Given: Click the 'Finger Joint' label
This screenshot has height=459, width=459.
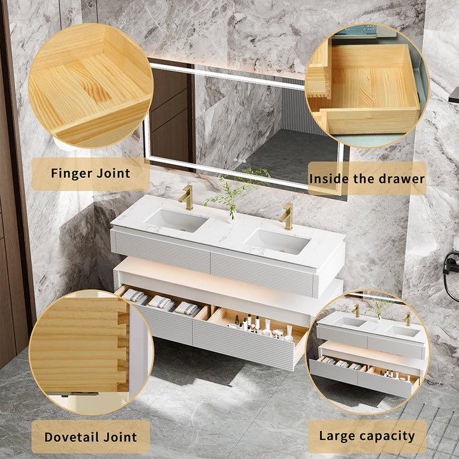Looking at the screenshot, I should point(90,173).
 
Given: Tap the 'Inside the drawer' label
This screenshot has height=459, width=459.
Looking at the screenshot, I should point(367,178).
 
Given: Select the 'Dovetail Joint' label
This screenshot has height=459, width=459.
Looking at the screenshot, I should point(90,437).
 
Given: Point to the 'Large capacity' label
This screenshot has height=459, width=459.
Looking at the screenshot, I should point(367,437).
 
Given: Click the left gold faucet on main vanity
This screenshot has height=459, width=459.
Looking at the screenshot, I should point(186,198).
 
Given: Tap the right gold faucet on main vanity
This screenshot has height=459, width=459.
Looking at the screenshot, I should point(287,216).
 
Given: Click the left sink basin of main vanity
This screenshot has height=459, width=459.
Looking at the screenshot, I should point(177,221).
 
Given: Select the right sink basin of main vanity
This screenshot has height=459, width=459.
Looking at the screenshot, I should point(278,241).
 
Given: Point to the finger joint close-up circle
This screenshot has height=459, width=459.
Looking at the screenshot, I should point(90,85).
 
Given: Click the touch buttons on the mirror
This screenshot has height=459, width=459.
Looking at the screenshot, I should point(239,160).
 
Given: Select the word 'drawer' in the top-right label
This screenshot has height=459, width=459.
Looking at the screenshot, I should point(402,178).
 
